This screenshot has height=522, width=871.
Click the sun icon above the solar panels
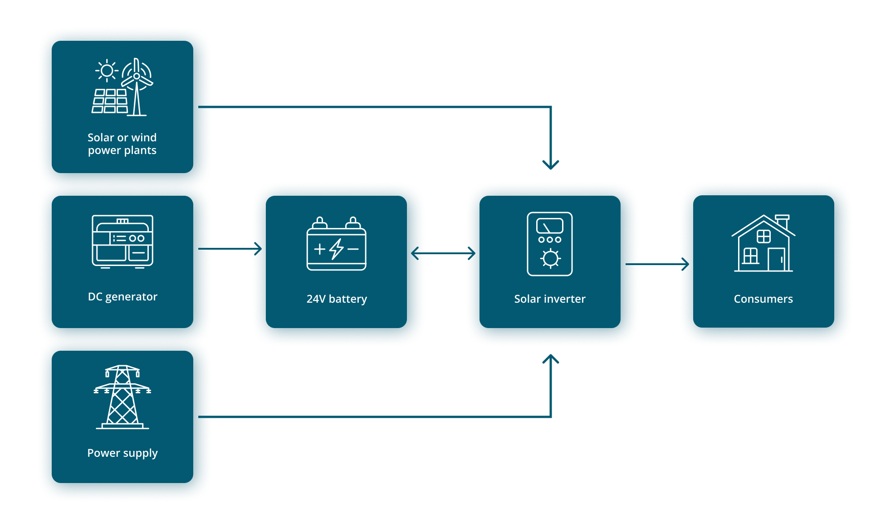tap(107, 71)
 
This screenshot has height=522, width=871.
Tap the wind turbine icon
tap(137, 86)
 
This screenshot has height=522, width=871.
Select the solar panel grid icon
tap(110, 101)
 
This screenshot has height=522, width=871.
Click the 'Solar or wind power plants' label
tap(122, 144)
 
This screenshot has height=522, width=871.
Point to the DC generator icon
tap(122, 241)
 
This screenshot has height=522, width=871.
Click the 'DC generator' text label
tap(122, 297)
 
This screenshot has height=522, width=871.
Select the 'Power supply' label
tap(122, 453)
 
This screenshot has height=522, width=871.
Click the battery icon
tap(337, 245)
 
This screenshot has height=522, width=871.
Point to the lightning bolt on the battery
tap(337, 249)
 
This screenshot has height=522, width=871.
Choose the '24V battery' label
tap(337, 299)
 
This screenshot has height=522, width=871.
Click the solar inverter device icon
tap(550, 244)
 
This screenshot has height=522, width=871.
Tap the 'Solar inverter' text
tap(550, 299)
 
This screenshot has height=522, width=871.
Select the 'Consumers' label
tap(763, 299)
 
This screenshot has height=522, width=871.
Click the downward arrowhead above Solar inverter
tap(551, 164)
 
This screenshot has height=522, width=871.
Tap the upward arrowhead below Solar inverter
tap(551, 360)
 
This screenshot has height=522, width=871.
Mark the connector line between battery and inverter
tap(445, 253)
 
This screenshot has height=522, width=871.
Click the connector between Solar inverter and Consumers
tap(660, 264)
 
